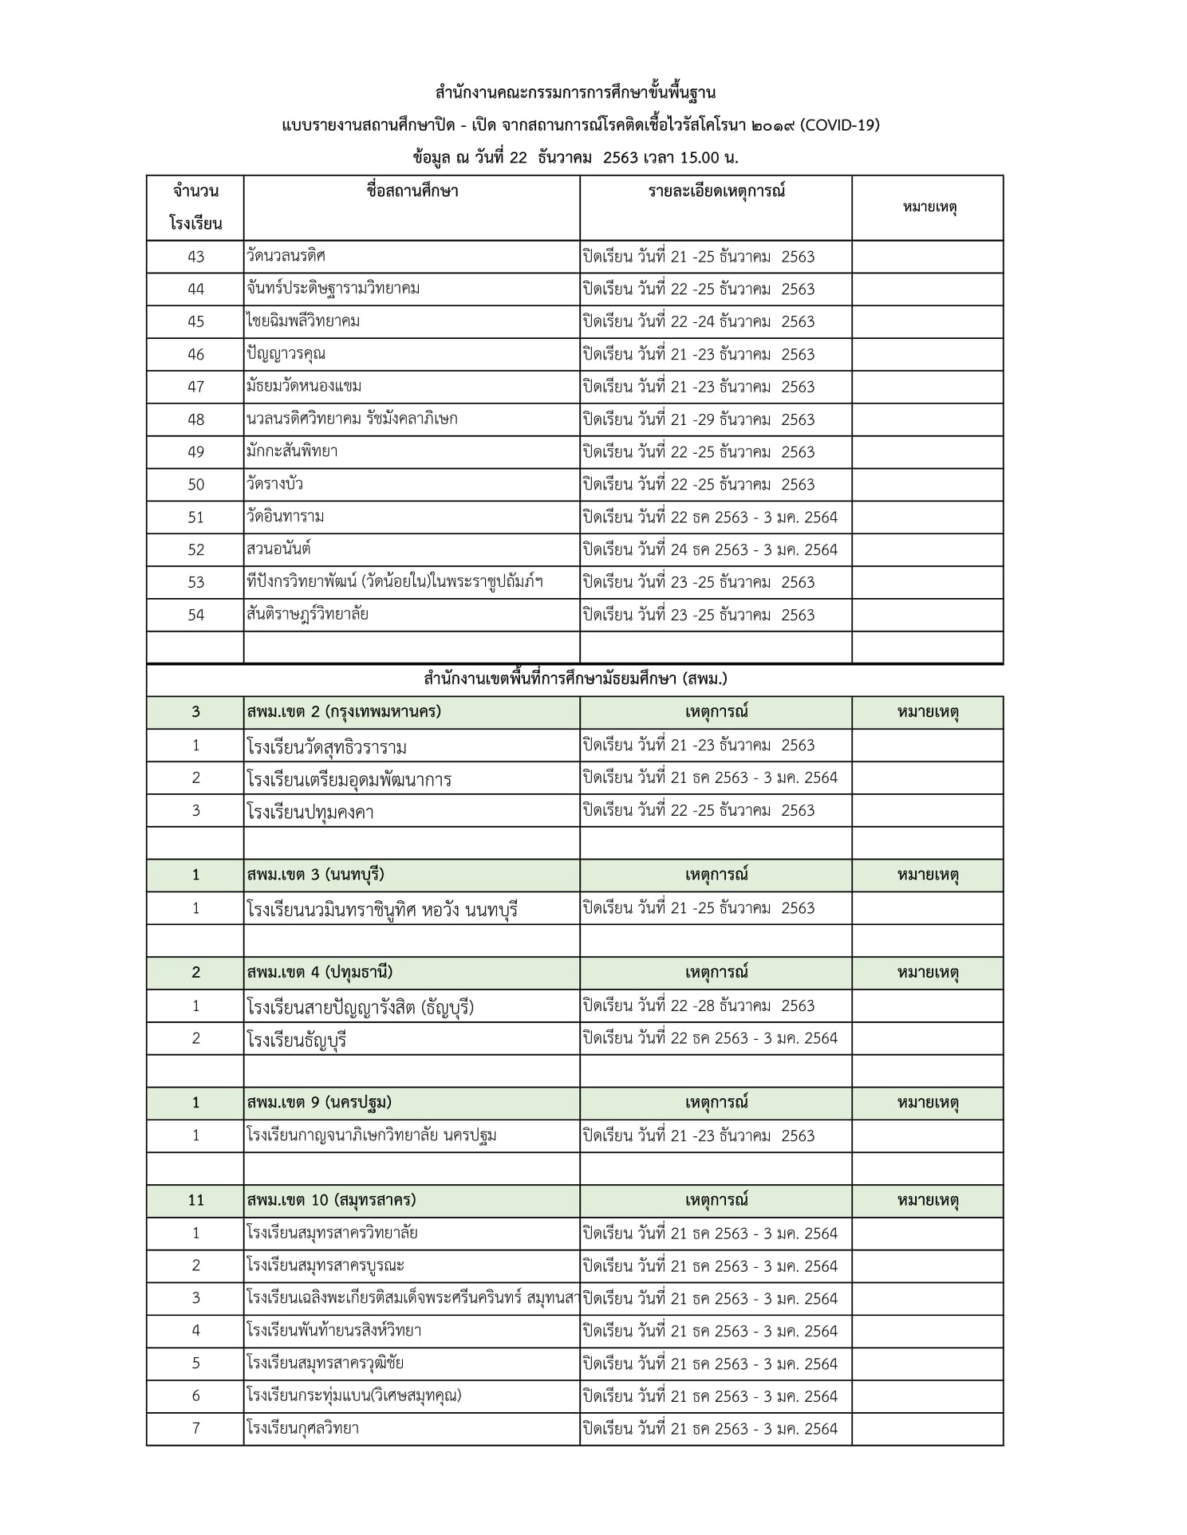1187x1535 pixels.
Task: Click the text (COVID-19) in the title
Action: click(839, 125)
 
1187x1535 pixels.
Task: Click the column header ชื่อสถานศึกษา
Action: click(412, 191)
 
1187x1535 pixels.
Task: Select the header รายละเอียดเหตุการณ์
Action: click(716, 191)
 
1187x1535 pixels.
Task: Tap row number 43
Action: click(195, 257)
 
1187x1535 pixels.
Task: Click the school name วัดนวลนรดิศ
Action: click(286, 256)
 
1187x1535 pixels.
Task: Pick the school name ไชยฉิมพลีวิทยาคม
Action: click(304, 321)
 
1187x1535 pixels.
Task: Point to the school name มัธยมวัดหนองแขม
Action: click(305, 387)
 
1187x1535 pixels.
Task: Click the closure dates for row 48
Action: click(699, 419)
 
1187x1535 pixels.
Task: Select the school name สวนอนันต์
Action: click(279, 549)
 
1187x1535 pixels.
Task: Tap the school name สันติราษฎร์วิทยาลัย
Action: click(308, 615)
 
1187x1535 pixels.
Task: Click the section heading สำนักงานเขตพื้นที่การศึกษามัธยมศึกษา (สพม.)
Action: click(575, 679)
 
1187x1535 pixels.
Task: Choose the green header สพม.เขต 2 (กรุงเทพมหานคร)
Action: click(345, 712)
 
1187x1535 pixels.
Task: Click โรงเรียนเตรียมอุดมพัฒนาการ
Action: click(349, 779)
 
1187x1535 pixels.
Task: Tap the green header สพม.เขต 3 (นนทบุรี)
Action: click(316, 875)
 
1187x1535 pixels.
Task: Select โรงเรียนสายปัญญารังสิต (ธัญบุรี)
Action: click(361, 1007)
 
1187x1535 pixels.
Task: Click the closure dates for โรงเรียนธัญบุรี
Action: click(710, 1038)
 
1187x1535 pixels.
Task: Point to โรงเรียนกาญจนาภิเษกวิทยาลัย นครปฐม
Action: click(372, 1136)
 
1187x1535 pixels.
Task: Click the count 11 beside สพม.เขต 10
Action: click(195, 1200)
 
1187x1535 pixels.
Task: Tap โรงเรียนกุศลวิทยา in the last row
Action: click(303, 1428)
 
